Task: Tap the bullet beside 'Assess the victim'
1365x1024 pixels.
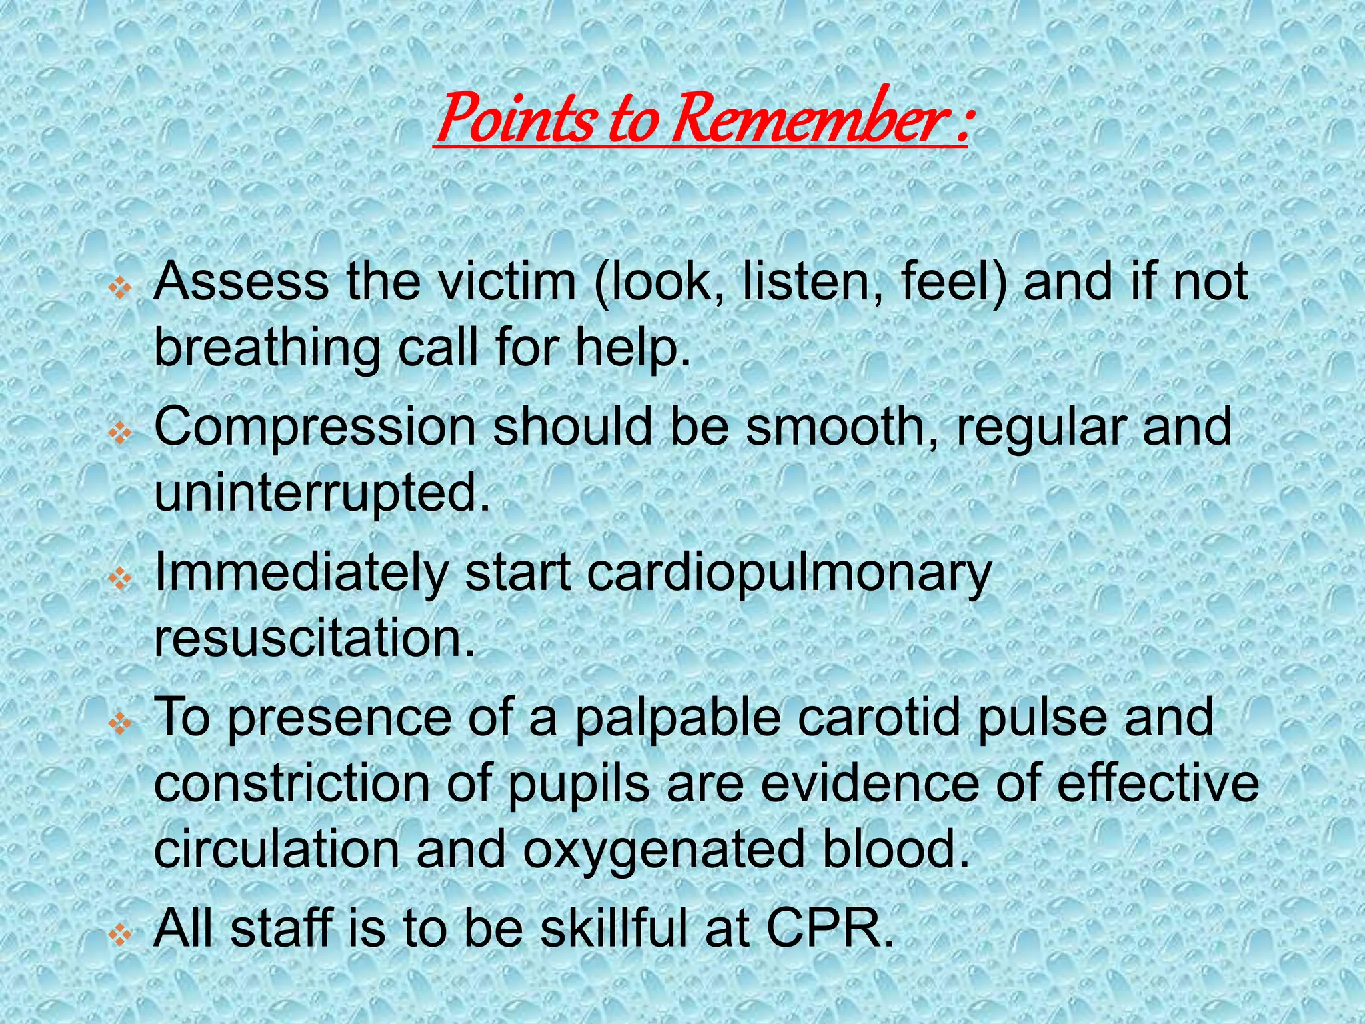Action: click(x=121, y=289)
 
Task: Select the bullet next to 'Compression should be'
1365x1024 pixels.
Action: click(x=121, y=434)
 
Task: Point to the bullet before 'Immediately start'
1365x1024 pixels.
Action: click(x=121, y=579)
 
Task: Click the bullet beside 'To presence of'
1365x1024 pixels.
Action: click(x=121, y=723)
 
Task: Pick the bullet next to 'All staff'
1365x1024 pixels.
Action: click(x=121, y=935)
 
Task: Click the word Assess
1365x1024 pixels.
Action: click(x=241, y=282)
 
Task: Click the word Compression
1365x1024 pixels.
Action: click(x=315, y=427)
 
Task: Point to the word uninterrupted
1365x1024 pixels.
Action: click(x=322, y=495)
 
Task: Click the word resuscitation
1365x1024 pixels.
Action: click(x=315, y=639)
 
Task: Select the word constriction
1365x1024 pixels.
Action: click(x=292, y=784)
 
